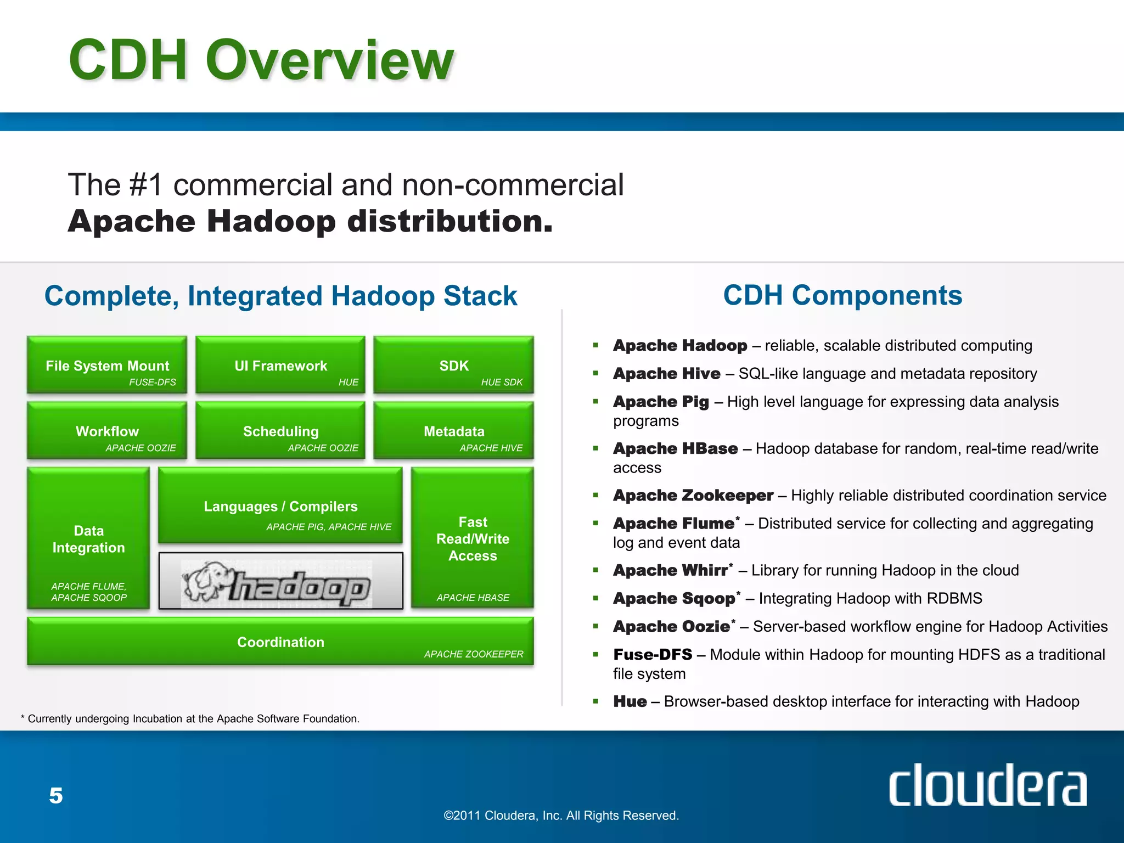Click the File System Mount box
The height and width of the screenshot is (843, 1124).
107,366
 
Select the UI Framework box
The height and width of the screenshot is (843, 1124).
280,366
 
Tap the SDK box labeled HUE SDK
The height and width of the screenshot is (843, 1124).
454,366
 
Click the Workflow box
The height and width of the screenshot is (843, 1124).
107,431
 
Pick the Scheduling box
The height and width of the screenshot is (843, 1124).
280,431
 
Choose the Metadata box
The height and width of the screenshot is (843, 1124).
454,431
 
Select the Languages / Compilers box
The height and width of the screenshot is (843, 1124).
280,506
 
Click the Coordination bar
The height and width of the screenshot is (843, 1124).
280,642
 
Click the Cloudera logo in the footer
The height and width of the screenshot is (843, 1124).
987,785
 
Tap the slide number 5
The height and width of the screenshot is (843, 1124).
56,796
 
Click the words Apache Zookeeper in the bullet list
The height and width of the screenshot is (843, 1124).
693,496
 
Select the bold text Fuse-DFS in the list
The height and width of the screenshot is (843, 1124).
653,655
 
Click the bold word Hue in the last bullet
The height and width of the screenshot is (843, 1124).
630,701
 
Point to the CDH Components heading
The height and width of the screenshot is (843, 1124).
842,295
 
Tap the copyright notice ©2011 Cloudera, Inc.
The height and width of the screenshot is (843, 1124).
561,816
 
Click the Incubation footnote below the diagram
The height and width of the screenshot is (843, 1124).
190,719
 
